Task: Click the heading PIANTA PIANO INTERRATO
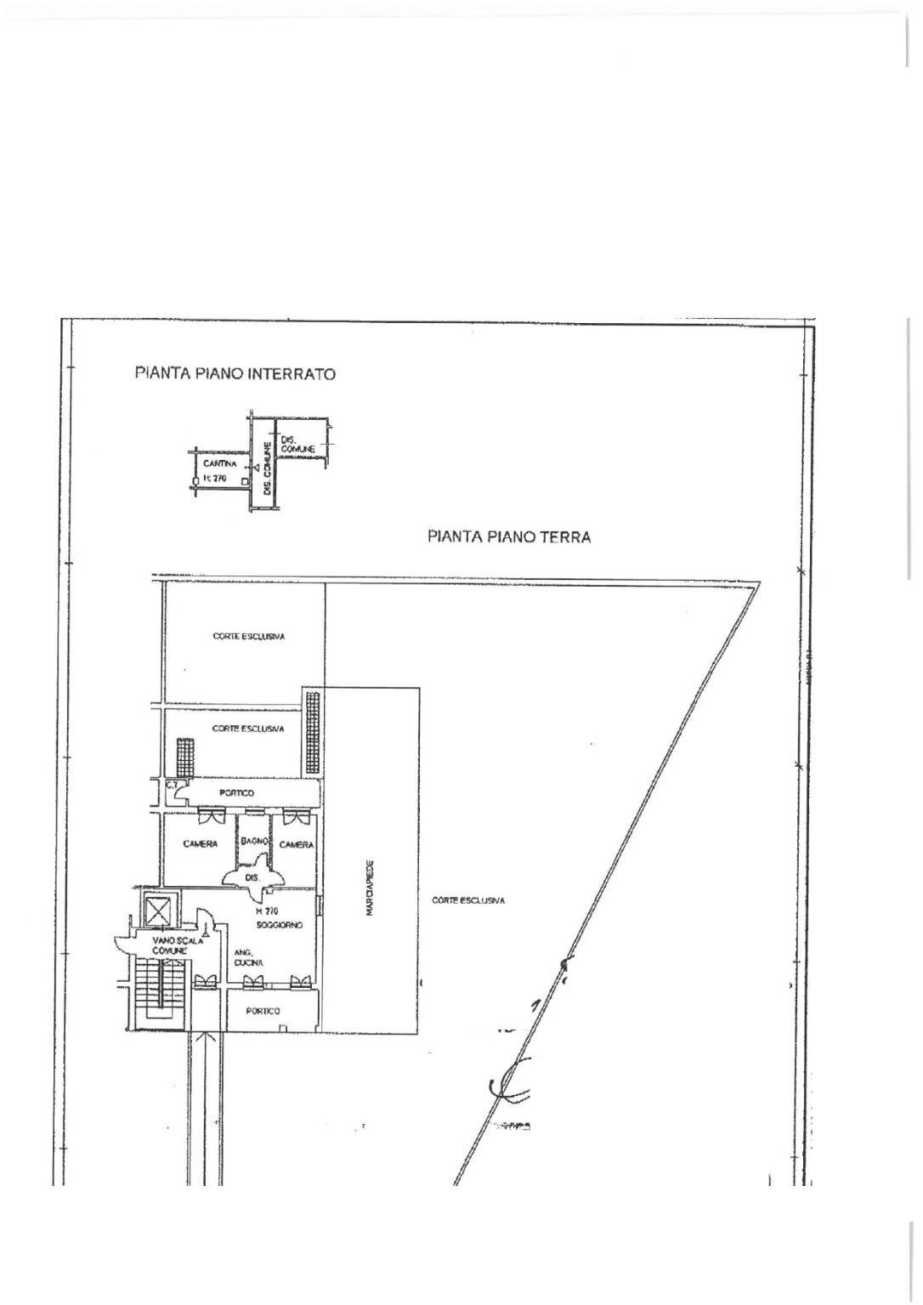235,373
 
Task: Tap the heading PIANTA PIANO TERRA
509,536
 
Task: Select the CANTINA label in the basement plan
213,464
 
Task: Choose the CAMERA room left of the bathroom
200,844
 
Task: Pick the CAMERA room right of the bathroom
297,844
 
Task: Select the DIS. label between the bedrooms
251,877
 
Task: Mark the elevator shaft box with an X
158,911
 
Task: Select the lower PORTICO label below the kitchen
263,1011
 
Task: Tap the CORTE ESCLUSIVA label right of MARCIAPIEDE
468,900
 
